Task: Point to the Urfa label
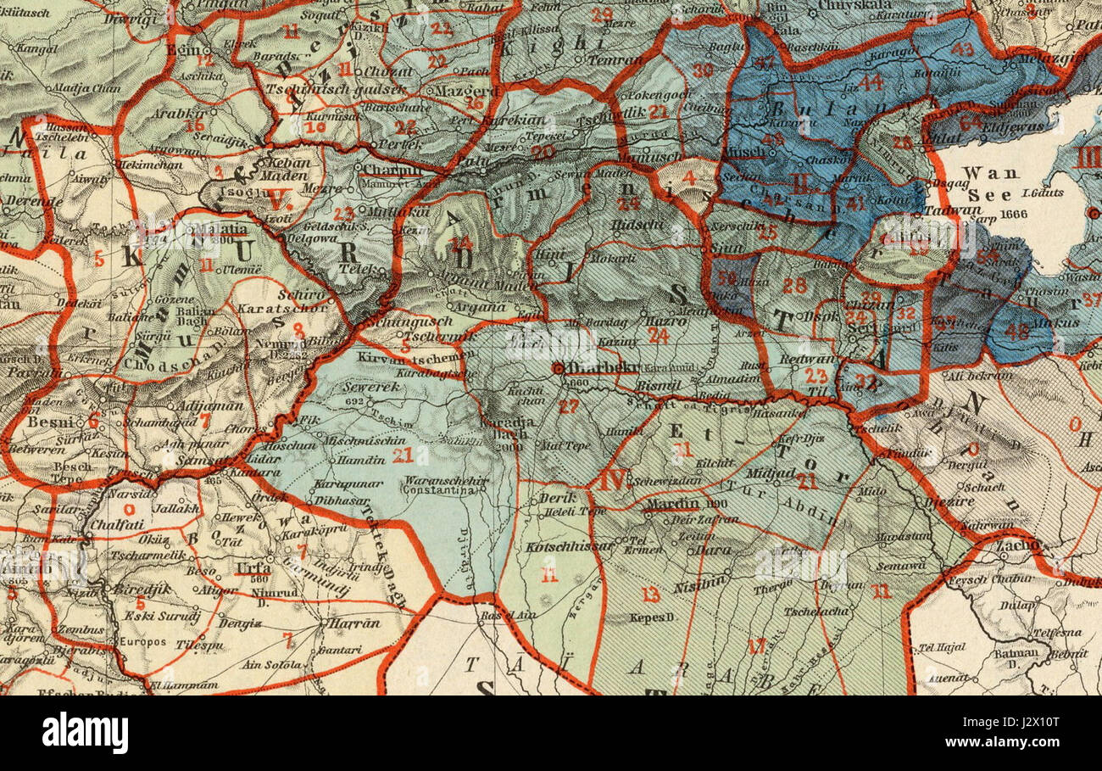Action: [x=253, y=567]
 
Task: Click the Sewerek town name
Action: [x=367, y=388]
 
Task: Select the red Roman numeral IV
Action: [x=612, y=480]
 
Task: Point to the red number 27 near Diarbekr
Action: [x=568, y=406]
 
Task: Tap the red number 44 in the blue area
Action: [x=871, y=82]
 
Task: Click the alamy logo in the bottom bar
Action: [x=86, y=732]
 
